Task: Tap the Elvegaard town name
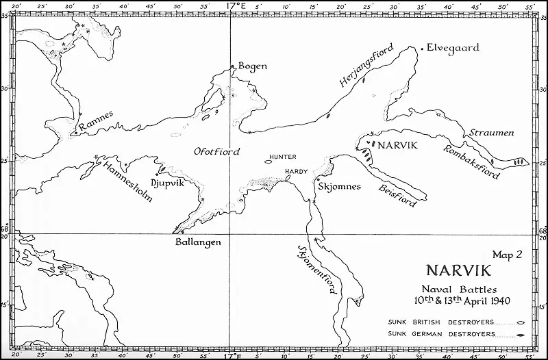pyautogui.click(x=453, y=48)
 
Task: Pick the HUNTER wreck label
pyautogui.click(x=283, y=157)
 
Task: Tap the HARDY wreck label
pyautogui.click(x=295, y=171)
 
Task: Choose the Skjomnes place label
pyautogui.click(x=340, y=185)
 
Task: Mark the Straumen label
pyautogui.click(x=491, y=132)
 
